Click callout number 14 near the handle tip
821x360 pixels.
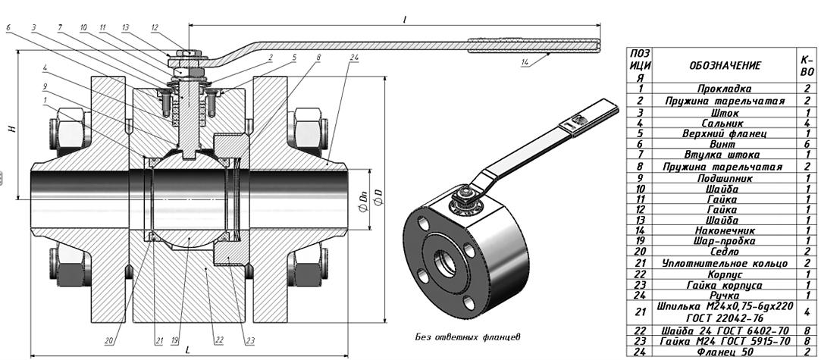(x=525, y=63)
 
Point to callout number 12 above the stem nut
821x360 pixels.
(x=155, y=27)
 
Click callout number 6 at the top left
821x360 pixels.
(x=8, y=27)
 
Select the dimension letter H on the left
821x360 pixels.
(x=11, y=129)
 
